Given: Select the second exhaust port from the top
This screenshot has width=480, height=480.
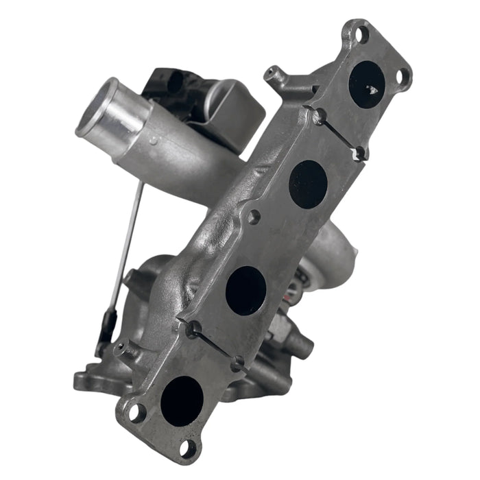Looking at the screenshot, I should [308, 184].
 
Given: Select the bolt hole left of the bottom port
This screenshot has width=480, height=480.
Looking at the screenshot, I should [136, 413].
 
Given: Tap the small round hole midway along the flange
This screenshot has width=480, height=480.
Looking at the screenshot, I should [254, 218].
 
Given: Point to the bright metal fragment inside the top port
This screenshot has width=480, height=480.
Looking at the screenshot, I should [373, 89].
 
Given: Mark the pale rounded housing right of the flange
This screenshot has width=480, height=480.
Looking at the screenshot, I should [341, 254].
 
